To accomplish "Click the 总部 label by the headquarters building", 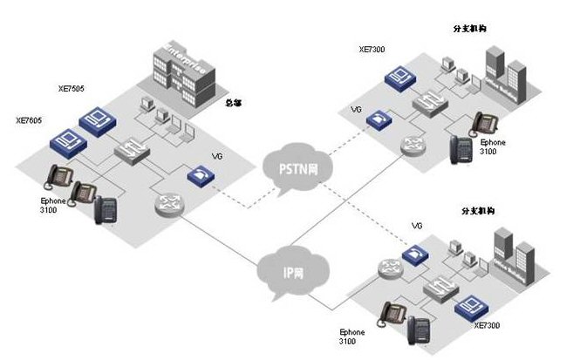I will tap(235, 102).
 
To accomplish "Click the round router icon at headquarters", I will tap(168, 205).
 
